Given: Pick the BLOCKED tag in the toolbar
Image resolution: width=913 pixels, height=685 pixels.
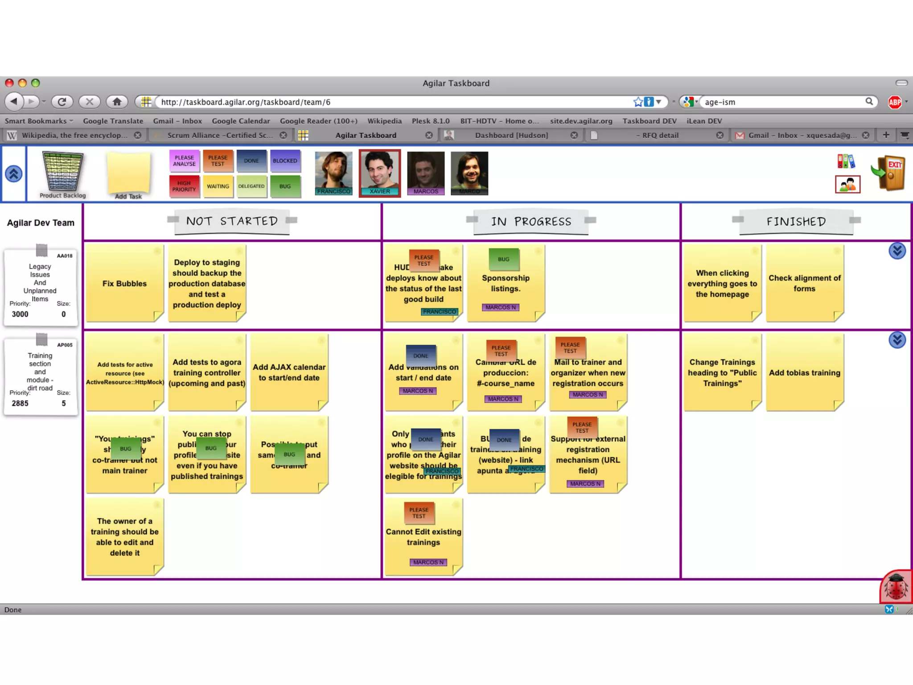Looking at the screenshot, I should tap(285, 161).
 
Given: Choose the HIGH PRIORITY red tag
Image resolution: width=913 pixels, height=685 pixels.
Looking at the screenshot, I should tap(184, 186).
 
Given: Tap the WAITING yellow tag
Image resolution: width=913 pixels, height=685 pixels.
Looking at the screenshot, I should tap(218, 186).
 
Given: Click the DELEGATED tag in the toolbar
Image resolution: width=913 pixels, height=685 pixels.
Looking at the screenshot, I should tap(251, 186).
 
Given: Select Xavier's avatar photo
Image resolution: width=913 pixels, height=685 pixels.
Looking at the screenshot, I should tap(380, 172).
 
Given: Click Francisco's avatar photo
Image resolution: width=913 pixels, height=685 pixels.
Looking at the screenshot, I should tap(333, 172).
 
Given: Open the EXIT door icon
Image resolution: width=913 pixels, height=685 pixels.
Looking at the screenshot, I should tap(890, 173).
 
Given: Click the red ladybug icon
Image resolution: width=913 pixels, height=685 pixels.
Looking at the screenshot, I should tap(896, 586).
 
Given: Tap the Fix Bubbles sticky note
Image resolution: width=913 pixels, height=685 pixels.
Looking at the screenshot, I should tap(124, 284).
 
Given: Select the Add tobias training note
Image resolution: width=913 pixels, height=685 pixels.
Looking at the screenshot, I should tap(804, 373).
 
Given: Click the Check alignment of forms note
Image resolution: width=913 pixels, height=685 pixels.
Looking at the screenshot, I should tap(804, 283).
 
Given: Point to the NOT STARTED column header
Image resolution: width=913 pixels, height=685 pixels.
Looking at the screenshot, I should tap(232, 221).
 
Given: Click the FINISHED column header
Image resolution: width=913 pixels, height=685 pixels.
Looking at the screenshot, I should tap(796, 222).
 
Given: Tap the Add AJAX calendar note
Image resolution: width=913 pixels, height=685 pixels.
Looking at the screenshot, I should tap(289, 372).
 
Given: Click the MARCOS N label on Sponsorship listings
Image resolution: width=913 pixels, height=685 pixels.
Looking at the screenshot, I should tap(500, 307).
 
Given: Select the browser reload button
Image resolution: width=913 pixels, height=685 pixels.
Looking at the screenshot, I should tap(62, 102).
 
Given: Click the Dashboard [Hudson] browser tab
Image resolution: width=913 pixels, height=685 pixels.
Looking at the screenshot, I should tap(511, 135).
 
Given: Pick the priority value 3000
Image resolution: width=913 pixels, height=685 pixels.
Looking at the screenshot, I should tap(20, 314).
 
